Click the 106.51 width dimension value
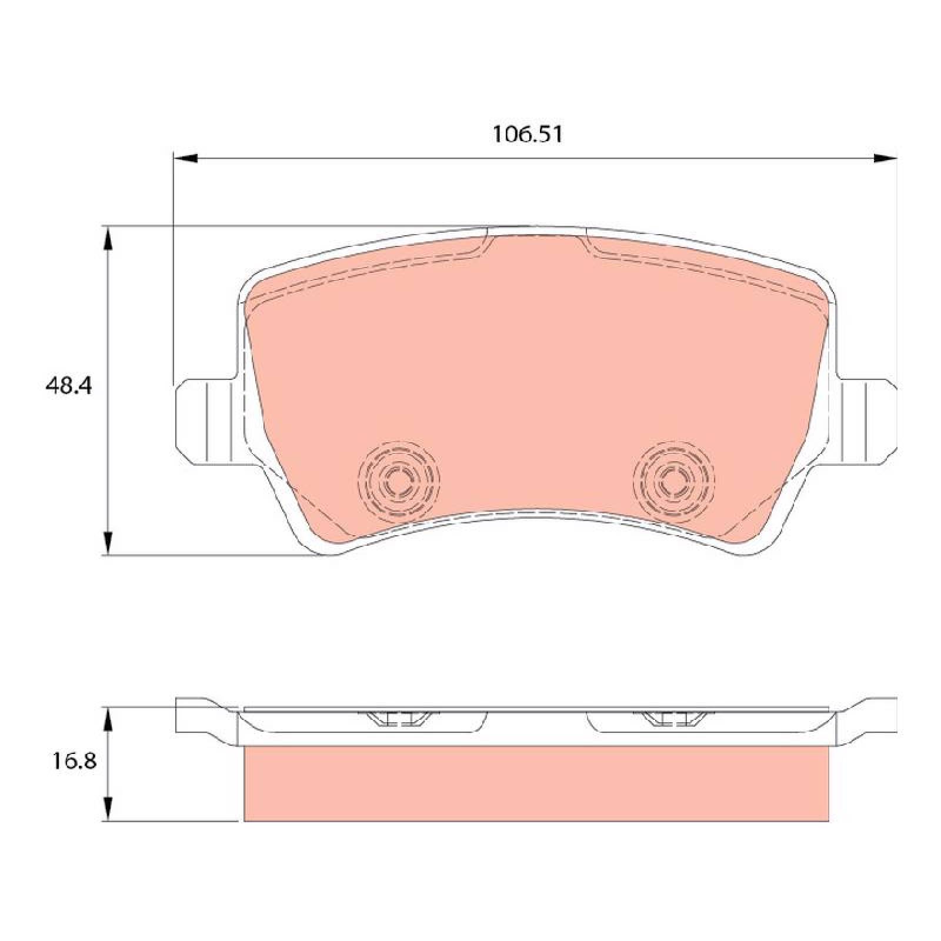527,135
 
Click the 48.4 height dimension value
69,386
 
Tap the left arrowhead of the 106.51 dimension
186,158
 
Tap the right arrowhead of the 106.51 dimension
885,158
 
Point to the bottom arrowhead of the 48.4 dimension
107,542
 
